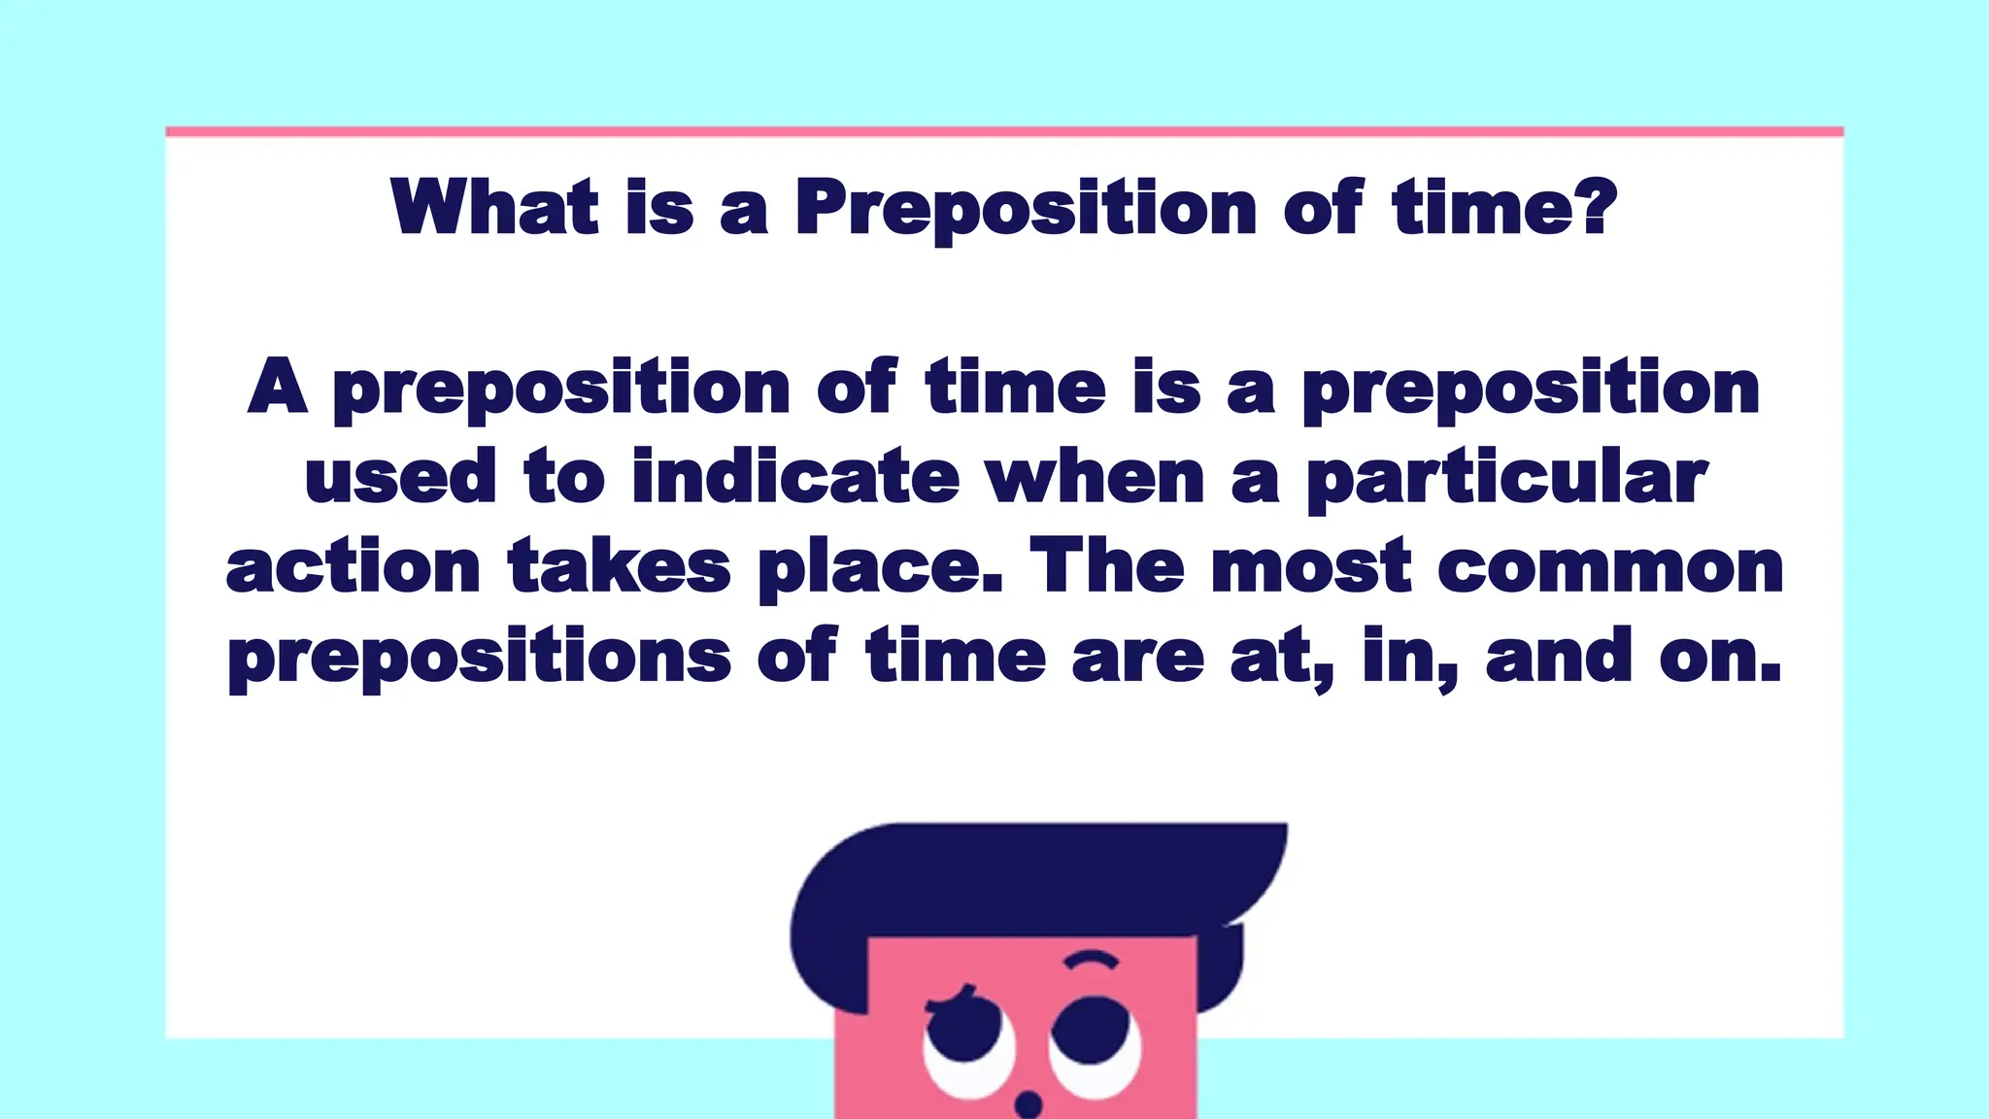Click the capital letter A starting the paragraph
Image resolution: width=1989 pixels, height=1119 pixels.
click(x=277, y=387)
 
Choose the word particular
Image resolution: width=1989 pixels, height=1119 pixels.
click(x=1505, y=479)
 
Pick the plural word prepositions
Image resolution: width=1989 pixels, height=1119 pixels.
click(x=480, y=659)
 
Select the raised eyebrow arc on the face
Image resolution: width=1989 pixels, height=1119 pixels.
click(x=1092, y=960)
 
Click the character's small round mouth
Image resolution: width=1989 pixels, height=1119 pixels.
click(x=1028, y=1104)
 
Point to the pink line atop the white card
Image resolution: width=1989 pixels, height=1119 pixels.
click(x=1004, y=131)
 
